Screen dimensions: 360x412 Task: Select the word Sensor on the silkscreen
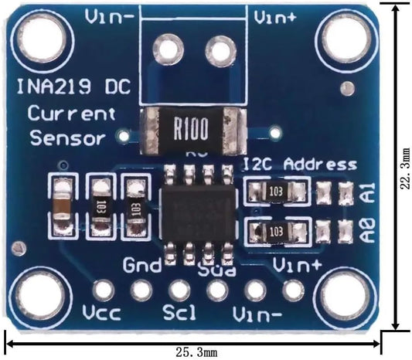point(67,139)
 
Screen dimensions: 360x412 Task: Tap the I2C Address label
point(300,164)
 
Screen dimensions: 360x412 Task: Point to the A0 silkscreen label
point(368,229)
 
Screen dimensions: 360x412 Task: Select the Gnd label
point(143,267)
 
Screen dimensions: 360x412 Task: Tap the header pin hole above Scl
point(179,290)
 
